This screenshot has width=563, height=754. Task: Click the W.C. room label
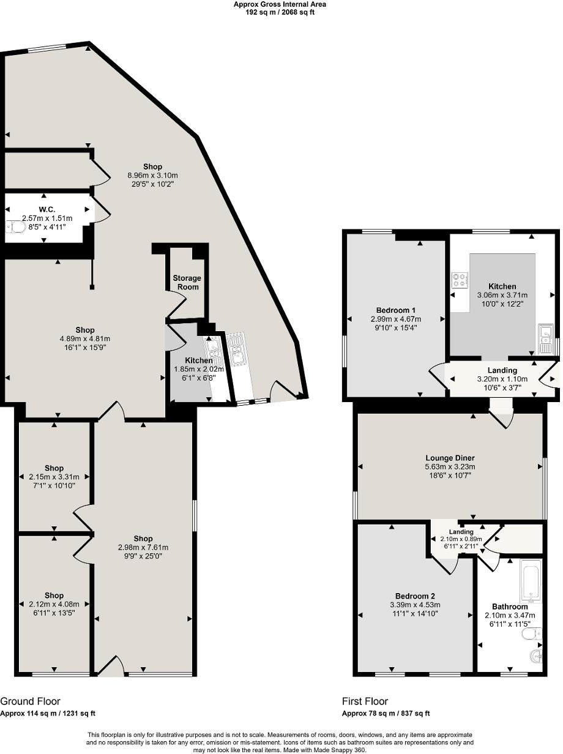(47, 209)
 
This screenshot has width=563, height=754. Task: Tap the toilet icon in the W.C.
(17, 227)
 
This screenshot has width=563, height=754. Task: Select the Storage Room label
(187, 282)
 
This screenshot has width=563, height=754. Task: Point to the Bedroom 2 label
(415, 596)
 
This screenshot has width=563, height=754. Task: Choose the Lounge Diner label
(450, 458)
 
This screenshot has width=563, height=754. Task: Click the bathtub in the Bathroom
(531, 579)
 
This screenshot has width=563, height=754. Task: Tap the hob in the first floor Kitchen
(460, 280)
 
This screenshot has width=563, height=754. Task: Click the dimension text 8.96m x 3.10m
(152, 175)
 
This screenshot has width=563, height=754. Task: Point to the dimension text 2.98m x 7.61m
(143, 548)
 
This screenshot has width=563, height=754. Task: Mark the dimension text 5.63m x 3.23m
(450, 466)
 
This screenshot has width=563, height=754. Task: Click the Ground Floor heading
(30, 701)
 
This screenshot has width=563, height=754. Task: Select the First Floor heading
(365, 701)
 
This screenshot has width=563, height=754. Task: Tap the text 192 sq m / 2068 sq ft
(280, 12)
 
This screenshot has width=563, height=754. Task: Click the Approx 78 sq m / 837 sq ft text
(386, 713)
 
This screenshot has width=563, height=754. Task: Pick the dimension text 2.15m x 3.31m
(54, 477)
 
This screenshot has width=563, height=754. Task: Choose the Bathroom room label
(510, 607)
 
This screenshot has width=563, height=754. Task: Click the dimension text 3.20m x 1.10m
(502, 379)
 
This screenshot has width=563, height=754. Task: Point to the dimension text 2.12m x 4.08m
(54, 604)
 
